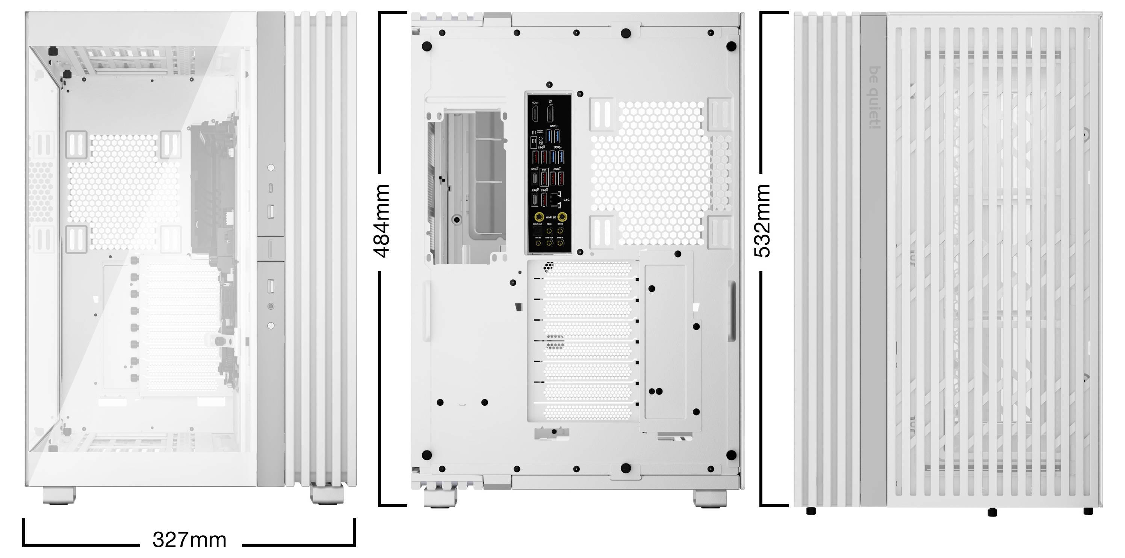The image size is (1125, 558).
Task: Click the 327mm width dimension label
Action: (189, 540)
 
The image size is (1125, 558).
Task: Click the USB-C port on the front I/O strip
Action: (271, 188)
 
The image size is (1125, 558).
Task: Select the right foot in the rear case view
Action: (710, 498)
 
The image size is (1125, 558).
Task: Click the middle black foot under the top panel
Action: (992, 512)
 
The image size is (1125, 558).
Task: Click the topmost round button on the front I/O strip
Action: (271, 167)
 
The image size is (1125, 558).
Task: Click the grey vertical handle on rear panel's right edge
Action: (731, 311)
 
